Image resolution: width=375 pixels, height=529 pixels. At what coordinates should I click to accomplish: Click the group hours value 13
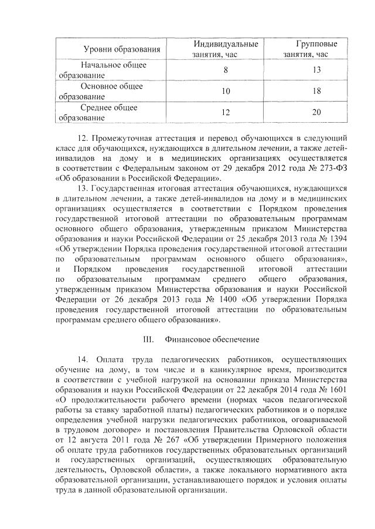click(x=316, y=70)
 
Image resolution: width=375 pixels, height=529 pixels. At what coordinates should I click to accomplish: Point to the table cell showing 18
click(x=316, y=91)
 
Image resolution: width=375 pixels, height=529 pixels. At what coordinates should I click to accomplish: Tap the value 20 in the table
click(x=316, y=112)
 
